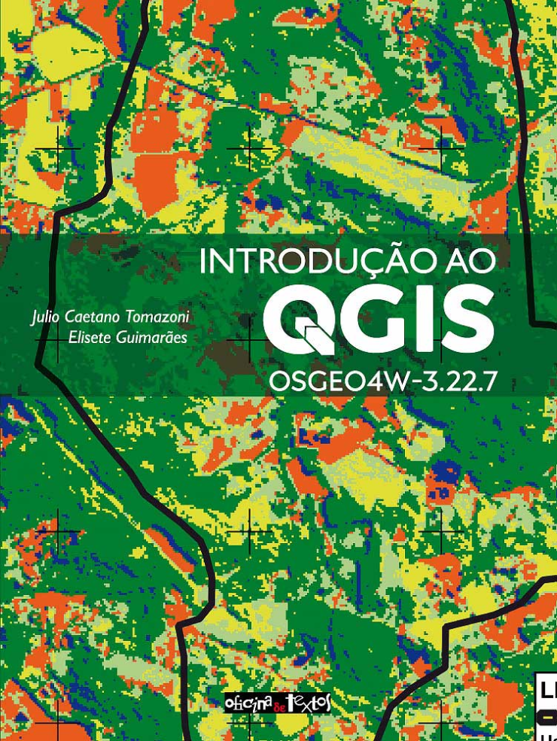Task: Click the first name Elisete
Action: coord(91,337)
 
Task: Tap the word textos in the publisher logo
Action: coord(309,703)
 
